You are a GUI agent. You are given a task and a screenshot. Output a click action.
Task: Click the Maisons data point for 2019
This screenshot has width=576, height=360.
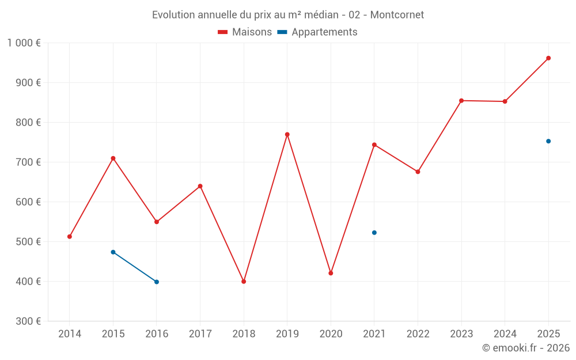(287, 134)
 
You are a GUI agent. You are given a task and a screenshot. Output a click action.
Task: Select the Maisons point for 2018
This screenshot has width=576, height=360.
(244, 282)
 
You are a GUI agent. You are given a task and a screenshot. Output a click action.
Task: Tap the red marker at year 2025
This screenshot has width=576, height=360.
(548, 58)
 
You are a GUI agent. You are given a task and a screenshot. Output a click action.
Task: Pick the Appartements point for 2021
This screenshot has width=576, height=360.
(374, 233)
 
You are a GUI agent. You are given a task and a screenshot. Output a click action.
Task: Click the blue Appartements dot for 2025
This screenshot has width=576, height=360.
(548, 141)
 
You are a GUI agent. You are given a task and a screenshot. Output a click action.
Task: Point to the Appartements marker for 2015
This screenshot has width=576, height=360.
(113, 252)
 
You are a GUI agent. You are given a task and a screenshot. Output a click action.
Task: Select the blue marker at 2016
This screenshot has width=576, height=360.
(157, 282)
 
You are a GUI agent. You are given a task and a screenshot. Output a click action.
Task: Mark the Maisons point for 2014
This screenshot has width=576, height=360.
(70, 237)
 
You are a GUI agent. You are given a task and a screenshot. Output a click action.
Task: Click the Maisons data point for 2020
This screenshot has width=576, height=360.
(331, 273)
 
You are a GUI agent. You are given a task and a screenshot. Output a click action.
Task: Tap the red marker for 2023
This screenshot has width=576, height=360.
(461, 101)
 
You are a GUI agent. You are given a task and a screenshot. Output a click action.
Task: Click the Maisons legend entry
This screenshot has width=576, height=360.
(245, 32)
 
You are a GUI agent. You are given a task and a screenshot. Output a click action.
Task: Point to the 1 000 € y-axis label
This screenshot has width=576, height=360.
(24, 43)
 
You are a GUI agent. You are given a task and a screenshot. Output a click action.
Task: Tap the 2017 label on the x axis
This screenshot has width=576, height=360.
(200, 334)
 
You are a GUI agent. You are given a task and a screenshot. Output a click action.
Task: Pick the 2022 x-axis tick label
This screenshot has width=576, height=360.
(418, 334)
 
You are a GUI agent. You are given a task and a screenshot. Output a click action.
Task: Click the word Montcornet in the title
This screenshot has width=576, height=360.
(397, 15)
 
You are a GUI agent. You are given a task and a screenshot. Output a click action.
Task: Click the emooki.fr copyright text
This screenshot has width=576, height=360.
(525, 348)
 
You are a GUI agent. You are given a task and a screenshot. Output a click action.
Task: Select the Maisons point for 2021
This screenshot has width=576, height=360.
(374, 145)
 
